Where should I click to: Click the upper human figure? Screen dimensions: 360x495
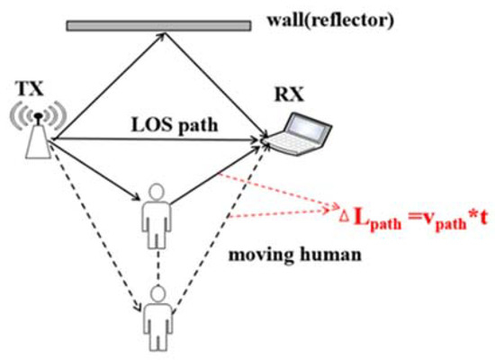coord(155,211)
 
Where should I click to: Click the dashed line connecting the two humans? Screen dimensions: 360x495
coord(157,261)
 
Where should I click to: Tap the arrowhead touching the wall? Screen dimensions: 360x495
coord(160,36)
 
